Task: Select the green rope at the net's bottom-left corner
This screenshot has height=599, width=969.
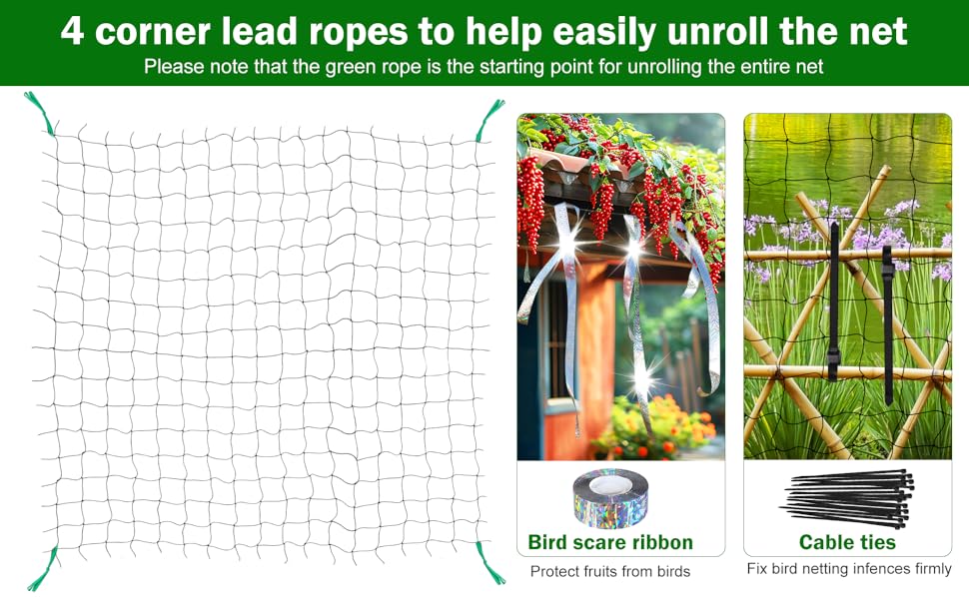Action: click(x=44, y=569)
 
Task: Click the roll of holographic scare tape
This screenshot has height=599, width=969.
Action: click(x=610, y=496)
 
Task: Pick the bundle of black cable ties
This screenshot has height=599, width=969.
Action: click(x=846, y=498)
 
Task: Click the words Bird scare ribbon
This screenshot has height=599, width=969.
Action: click(x=610, y=543)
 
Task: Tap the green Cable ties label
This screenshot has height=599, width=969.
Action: click(x=847, y=543)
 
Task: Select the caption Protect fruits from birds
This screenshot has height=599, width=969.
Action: click(x=609, y=572)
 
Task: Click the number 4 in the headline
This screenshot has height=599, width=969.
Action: click(x=72, y=32)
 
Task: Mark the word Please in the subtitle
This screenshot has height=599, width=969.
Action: click(x=172, y=67)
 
